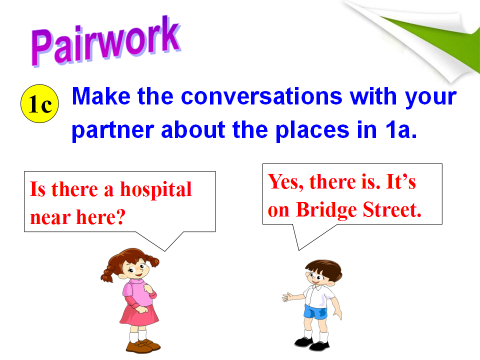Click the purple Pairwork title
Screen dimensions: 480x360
(x=105, y=41)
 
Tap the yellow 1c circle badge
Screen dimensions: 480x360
(x=39, y=104)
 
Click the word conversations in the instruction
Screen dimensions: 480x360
(x=261, y=96)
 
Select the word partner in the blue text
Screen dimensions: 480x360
(x=112, y=130)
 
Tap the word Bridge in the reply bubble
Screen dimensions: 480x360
(x=326, y=210)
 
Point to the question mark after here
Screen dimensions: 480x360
(x=120, y=216)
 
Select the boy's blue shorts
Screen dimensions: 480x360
(x=315, y=312)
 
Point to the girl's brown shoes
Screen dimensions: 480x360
(x=143, y=345)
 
